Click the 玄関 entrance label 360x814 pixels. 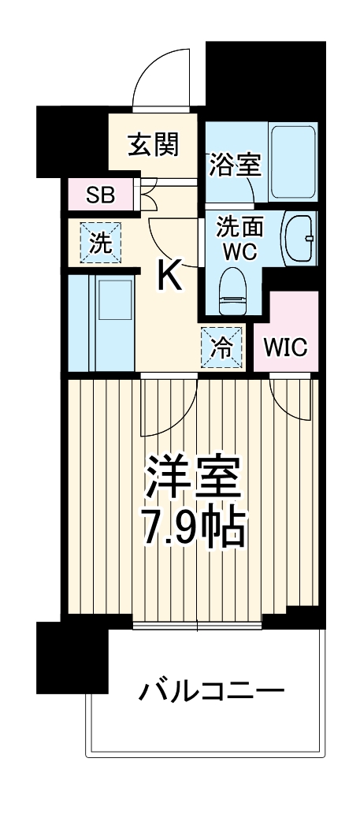[153, 144]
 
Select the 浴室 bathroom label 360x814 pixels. [234, 165]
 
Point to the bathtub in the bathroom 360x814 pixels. [293, 162]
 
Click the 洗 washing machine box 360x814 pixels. [100, 243]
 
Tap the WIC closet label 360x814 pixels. [285, 347]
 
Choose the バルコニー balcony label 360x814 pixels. [211, 693]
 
